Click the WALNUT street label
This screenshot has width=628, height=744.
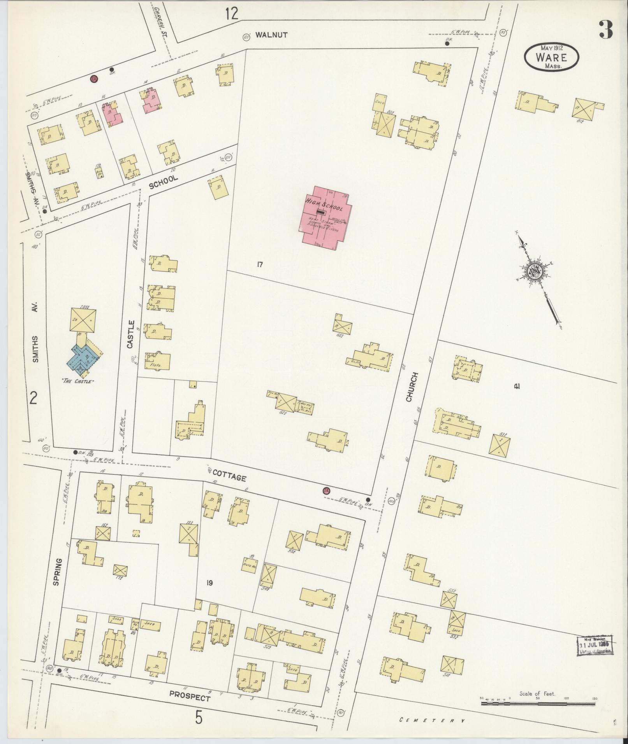(x=271, y=35)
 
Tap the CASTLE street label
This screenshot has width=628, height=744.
(x=131, y=334)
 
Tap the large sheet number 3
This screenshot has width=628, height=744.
(x=606, y=29)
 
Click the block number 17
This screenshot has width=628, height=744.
(x=260, y=265)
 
